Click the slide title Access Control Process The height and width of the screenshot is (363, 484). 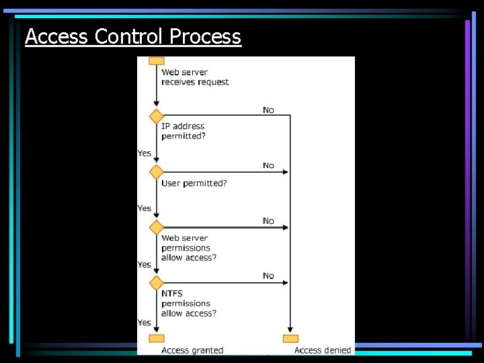[132, 36]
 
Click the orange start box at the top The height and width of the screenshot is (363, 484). [157, 61]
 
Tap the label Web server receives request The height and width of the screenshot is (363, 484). [195, 77]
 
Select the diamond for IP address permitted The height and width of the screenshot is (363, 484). [157, 116]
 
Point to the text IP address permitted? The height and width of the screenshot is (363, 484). [184, 131]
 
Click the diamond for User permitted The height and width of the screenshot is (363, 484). [157, 172]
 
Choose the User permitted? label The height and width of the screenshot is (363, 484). [194, 183]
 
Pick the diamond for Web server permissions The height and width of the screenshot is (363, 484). [157, 227]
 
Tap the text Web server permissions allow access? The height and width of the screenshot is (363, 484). [189, 247]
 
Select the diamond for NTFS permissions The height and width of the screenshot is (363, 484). [157, 283]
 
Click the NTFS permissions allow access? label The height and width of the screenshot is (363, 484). [189, 303]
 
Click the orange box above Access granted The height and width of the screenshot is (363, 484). [157, 338]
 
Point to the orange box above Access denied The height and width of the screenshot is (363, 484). [290, 338]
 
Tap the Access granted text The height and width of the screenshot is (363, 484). [192, 350]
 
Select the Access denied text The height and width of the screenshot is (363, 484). [323, 350]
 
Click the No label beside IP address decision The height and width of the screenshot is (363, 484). [268, 110]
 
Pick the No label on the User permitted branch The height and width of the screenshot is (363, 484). [268, 165]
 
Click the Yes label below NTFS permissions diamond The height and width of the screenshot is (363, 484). [144, 323]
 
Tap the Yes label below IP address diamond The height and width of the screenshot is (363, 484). [144, 153]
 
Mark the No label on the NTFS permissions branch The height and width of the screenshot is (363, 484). [268, 276]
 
